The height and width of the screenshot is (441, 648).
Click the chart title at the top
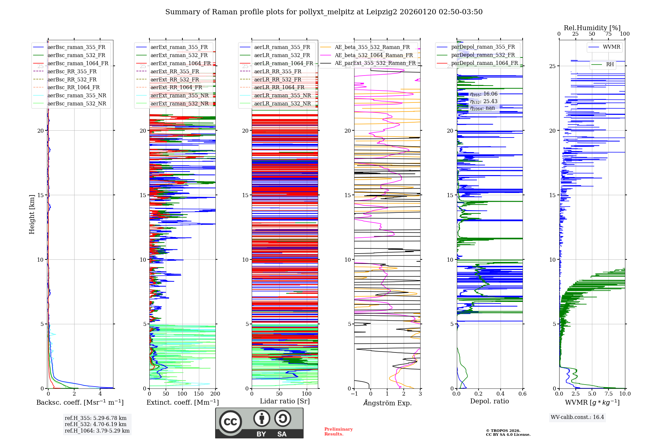coord(324,12)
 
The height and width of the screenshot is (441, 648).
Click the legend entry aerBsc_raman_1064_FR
coord(78,63)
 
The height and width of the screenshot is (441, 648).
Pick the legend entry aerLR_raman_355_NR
coord(282,95)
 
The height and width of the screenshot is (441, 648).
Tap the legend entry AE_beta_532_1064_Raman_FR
coord(374,55)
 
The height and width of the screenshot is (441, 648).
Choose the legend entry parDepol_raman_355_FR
coord(483,47)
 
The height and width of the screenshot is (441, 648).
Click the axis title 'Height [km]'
coord(32,214)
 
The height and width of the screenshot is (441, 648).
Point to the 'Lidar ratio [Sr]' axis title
coord(285,401)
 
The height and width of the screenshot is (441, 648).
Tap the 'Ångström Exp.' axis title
coord(387,403)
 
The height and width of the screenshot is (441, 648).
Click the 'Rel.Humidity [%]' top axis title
coord(592,28)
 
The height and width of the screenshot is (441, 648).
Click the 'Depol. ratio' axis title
coord(489,401)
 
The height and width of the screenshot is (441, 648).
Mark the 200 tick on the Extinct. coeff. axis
coord(215,394)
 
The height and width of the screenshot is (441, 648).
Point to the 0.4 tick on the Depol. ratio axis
coord(501,394)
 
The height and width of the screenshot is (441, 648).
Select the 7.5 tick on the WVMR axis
coord(608,394)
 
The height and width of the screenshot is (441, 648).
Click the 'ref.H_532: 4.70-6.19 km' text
coord(96,424)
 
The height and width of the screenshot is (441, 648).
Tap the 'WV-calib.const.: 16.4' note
coord(577,417)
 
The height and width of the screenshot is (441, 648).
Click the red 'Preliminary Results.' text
coord(338,432)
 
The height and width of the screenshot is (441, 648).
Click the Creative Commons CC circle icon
coord(230,422)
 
